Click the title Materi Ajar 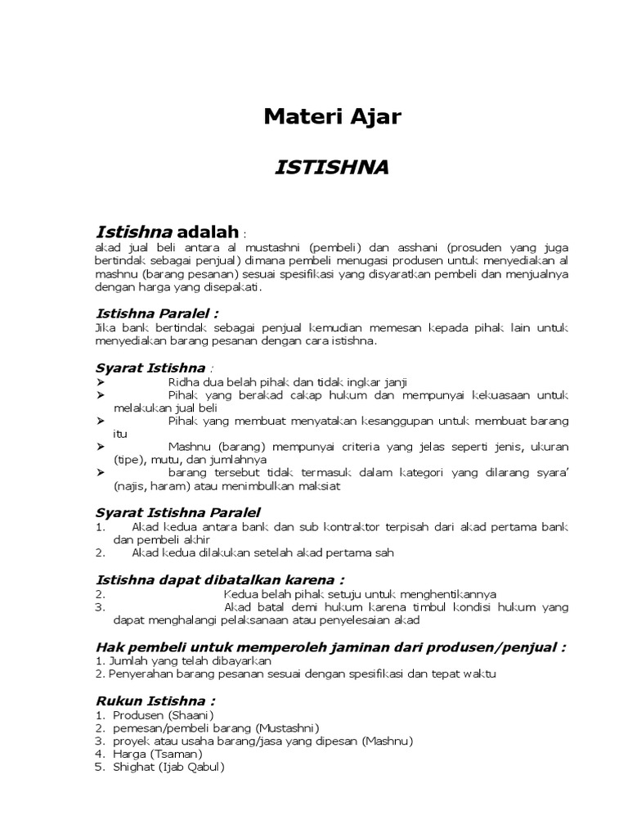point(332,117)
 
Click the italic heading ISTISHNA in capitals point(331,168)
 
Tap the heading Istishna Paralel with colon point(157,313)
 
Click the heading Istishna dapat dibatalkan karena point(220,579)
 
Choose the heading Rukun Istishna point(155,701)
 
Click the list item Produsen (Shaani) point(163,715)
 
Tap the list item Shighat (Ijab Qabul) point(168,767)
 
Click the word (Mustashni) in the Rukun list point(286,728)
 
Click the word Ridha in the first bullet point(182,382)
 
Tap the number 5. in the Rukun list point(100,767)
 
